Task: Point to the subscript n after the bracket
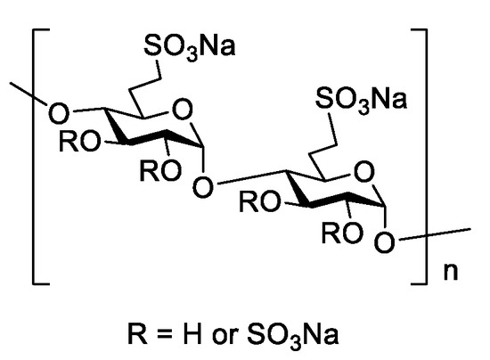pyautogui.click(x=451, y=272)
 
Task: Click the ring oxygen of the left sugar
pyautogui.click(x=183, y=110)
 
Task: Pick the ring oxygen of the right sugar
pyautogui.click(x=364, y=172)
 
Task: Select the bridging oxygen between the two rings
pyautogui.click(x=203, y=187)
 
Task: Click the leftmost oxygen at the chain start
pyautogui.click(x=59, y=113)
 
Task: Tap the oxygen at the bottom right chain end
pyautogui.click(x=385, y=242)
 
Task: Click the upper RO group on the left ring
pyautogui.click(x=80, y=142)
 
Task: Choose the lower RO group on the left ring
pyautogui.click(x=160, y=170)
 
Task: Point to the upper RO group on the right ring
pyautogui.click(x=260, y=202)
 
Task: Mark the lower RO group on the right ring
pyautogui.click(x=342, y=233)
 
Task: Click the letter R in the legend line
pyautogui.click(x=137, y=334)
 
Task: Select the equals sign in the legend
pyautogui.click(x=165, y=334)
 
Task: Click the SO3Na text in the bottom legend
pyautogui.click(x=292, y=336)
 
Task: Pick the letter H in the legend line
pyautogui.click(x=192, y=334)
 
